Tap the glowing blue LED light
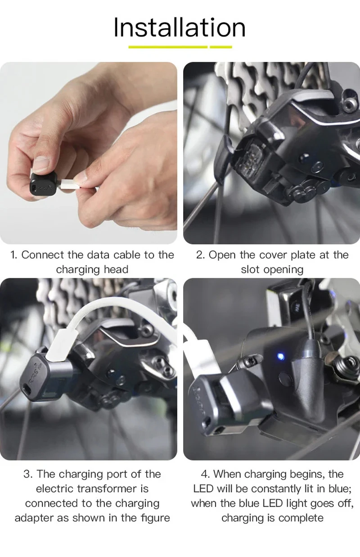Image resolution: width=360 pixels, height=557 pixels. tap(281, 357)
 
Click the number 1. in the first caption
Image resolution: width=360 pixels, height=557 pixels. tap(14, 255)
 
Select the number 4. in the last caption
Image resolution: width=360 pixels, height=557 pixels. tap(206, 474)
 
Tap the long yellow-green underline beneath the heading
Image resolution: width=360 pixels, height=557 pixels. tap(168, 47)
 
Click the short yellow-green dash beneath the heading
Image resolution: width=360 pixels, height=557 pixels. tap(221, 47)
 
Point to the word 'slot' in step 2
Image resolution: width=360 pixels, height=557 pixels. tap(251, 270)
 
